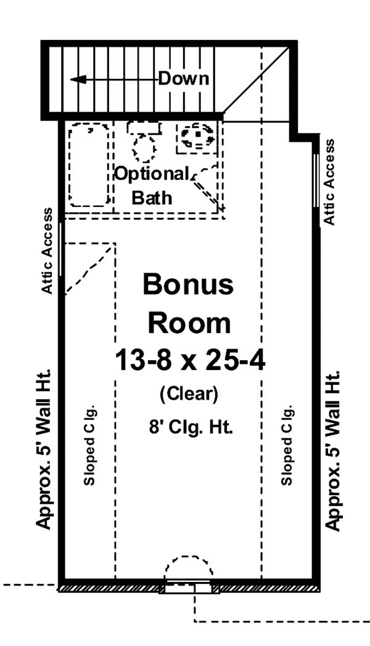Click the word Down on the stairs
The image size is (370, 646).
click(184, 79)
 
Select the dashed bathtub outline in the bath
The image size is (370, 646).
click(90, 165)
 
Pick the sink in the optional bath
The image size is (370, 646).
click(196, 136)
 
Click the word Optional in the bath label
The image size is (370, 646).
click(152, 174)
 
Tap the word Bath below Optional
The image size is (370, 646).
click(152, 198)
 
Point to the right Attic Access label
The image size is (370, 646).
click(330, 182)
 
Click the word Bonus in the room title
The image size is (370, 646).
click(189, 285)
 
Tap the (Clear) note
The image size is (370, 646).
click(189, 394)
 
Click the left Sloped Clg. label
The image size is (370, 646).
click(89, 445)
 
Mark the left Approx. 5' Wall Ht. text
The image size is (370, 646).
click(44, 449)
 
